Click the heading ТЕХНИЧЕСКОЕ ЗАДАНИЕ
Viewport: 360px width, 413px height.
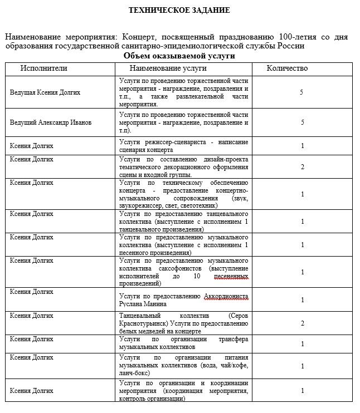point(179,10)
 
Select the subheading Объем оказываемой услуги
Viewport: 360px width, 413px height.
point(179,56)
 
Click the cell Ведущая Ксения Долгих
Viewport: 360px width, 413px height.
point(45,92)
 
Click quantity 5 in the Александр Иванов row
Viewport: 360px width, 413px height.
point(302,122)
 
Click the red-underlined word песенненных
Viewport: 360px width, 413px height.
point(229,276)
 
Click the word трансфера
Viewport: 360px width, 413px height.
point(231,339)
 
